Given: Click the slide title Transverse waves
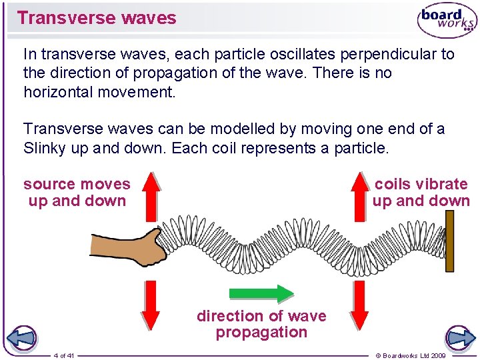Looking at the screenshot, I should tap(97, 18).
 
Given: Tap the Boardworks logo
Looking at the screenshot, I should tap(447, 20).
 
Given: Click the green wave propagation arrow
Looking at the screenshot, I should tap(261, 293).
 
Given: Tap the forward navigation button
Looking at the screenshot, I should tap(461, 338).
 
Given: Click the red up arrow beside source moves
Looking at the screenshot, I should tap(151, 194).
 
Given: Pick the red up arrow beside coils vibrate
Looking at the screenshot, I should tap(360, 194).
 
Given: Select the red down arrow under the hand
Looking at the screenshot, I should tap(151, 304).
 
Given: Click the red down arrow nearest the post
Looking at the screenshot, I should tap(360, 304).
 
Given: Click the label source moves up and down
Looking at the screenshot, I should tap(77, 192).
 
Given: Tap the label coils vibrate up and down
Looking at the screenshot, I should tap(421, 192).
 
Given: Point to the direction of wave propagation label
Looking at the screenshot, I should tap(261, 324).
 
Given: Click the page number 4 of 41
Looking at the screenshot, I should tap(64, 355).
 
